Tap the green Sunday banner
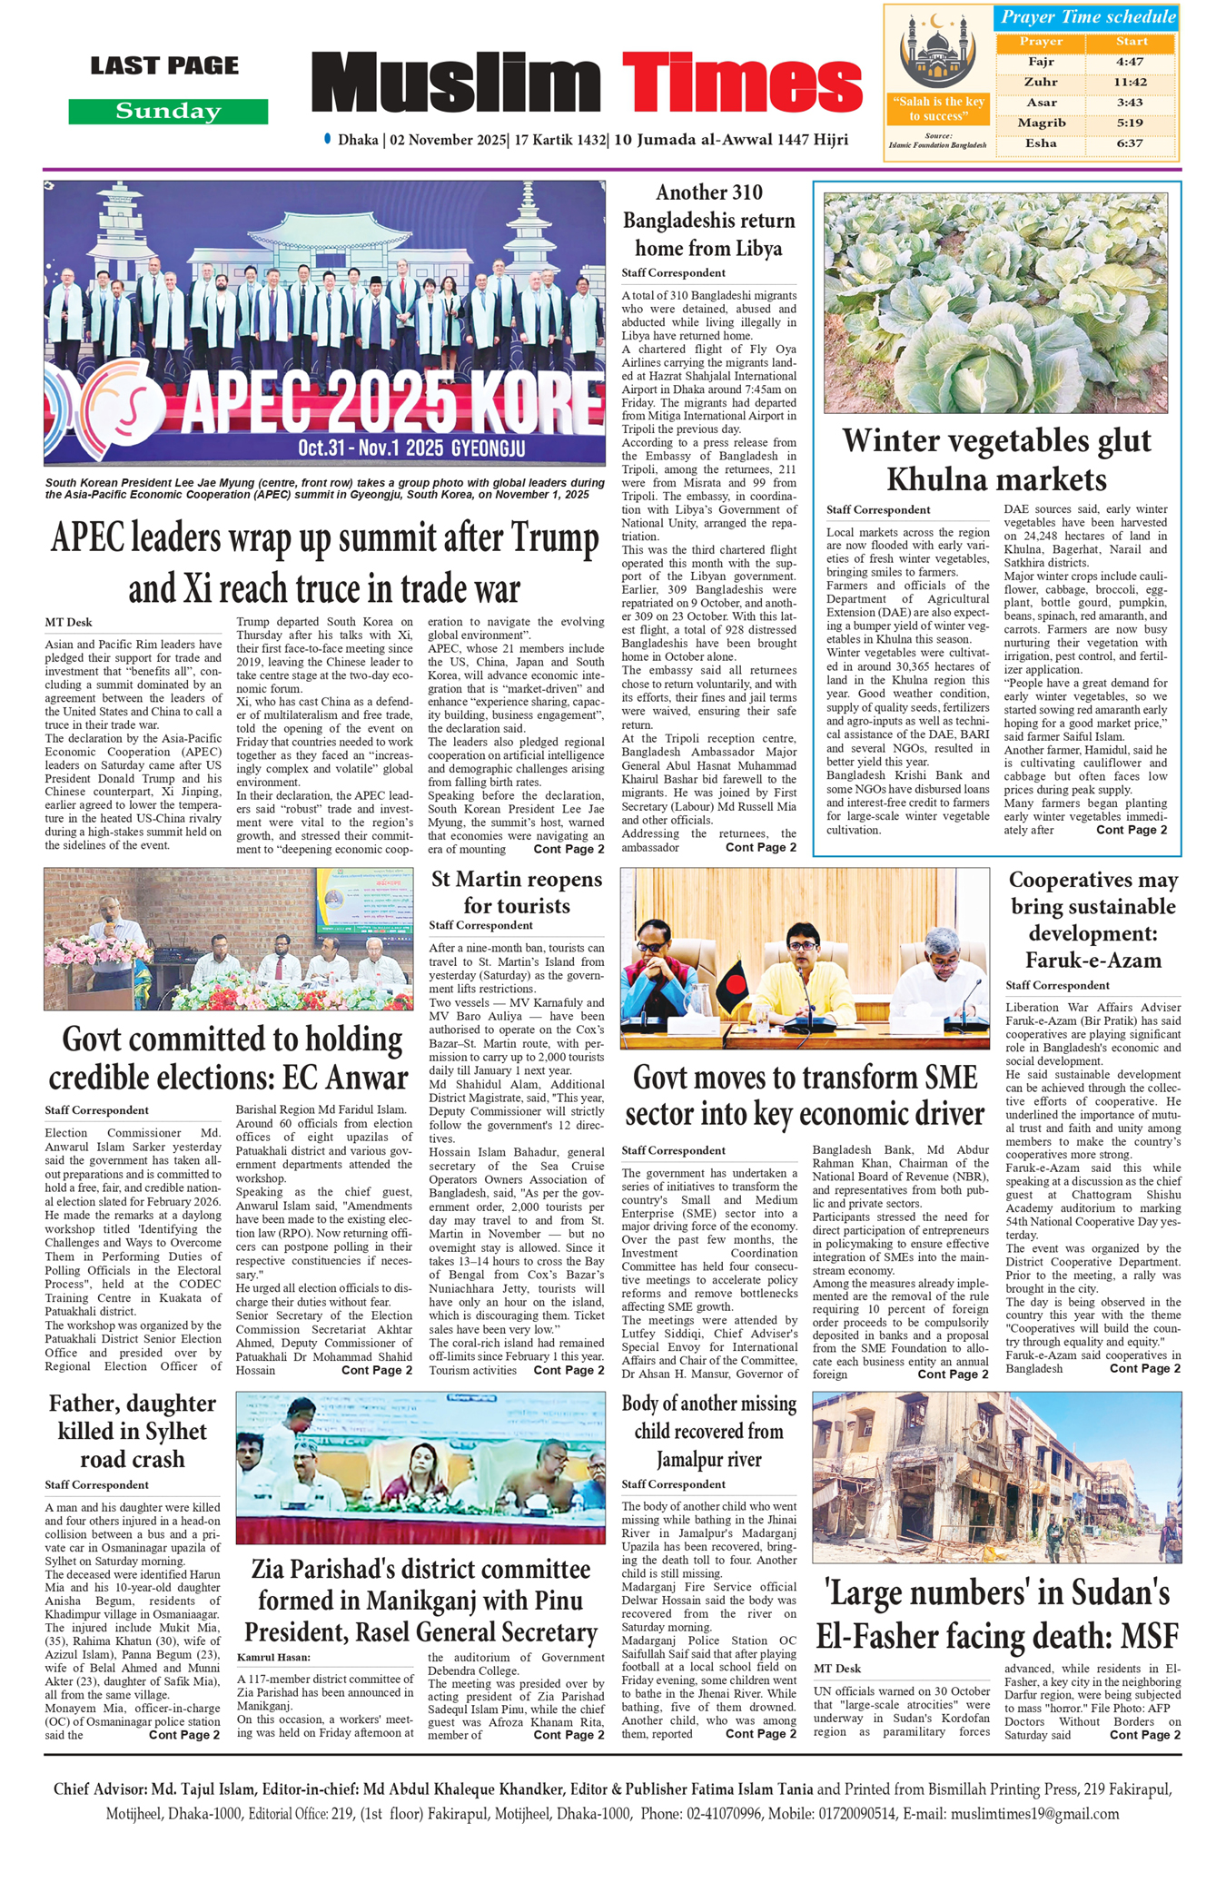coord(168,112)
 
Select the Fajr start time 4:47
coord(1131,62)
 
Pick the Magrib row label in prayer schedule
coord(1041,123)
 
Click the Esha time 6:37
coord(1131,143)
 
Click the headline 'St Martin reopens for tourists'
coord(516,892)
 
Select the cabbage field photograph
coord(995,302)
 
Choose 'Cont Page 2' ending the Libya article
coord(760,847)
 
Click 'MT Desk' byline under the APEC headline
coord(68,623)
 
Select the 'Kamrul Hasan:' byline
coord(273,1658)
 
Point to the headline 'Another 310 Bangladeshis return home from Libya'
coord(708,220)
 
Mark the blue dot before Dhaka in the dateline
coord(327,139)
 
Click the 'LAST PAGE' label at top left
coord(164,65)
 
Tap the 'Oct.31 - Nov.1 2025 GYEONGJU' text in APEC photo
coord(411,448)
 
